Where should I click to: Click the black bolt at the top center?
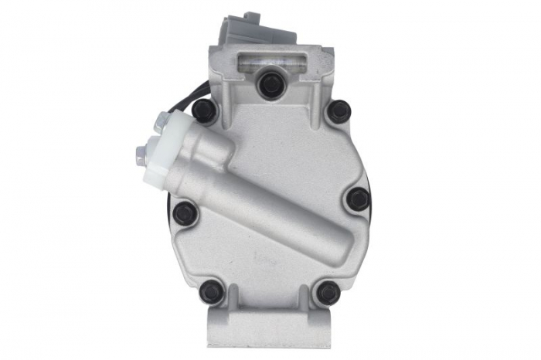tap(271, 84)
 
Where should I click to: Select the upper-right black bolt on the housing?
tap(339, 111)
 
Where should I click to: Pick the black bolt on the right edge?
tap(357, 199)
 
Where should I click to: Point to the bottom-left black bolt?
tap(212, 293)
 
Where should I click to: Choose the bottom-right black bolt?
tap(328, 293)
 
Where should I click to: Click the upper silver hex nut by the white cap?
tap(162, 121)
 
